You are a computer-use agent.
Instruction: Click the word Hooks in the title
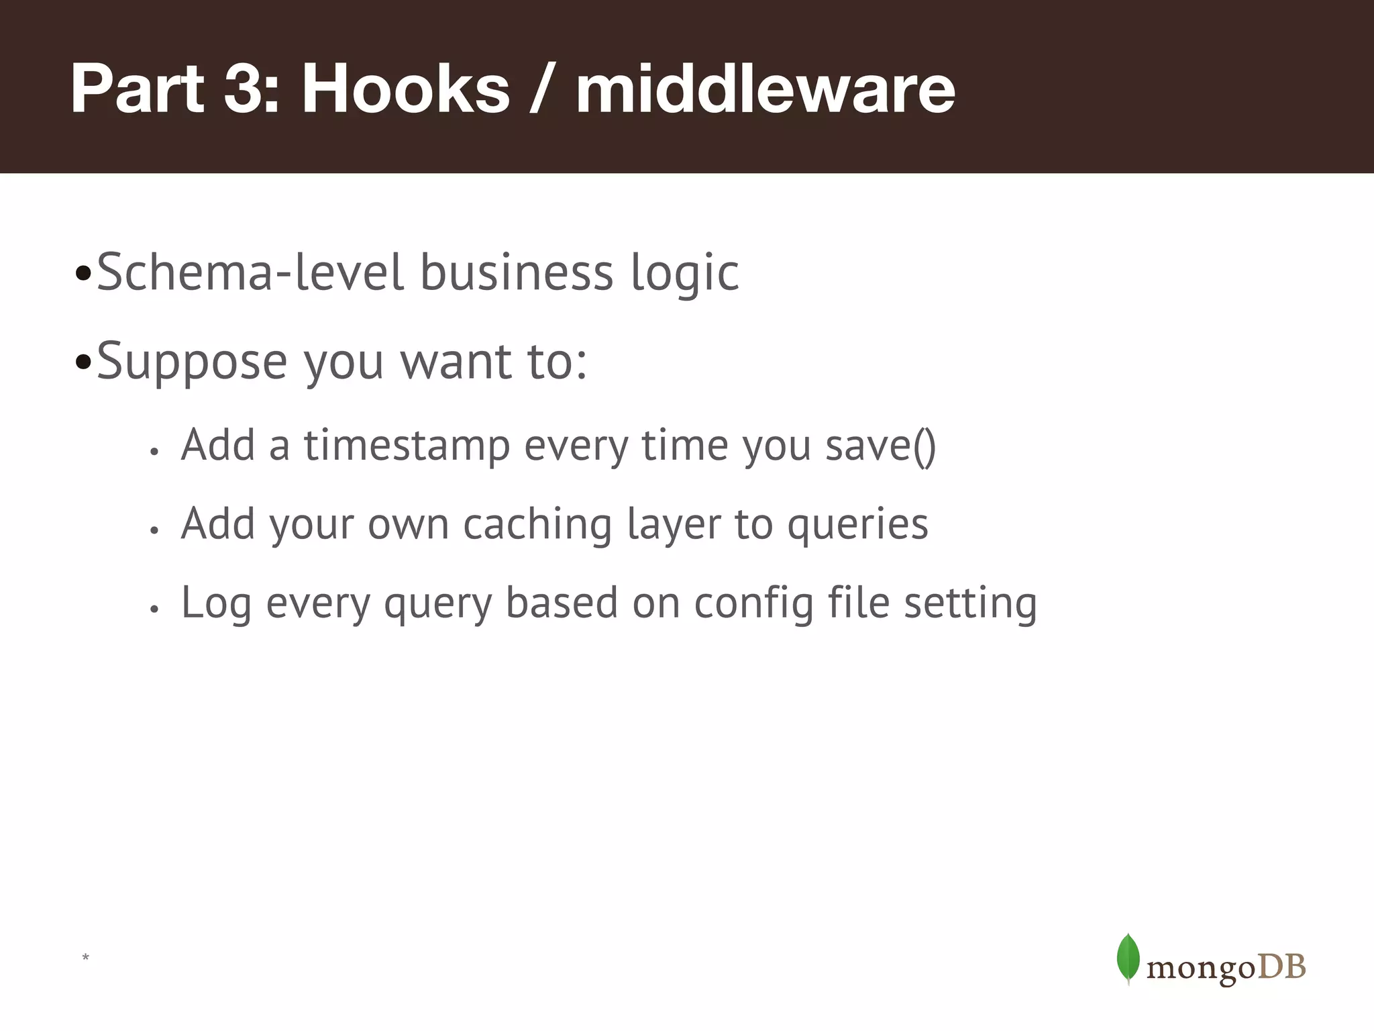405,89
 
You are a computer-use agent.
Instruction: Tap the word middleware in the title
765,89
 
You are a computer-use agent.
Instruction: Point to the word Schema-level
250,273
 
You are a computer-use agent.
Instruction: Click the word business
517,273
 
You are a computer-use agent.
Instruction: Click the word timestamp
407,446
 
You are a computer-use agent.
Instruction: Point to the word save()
880,446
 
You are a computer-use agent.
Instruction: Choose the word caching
537,525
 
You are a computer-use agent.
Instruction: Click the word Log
216,603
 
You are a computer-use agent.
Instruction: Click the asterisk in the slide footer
85,957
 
